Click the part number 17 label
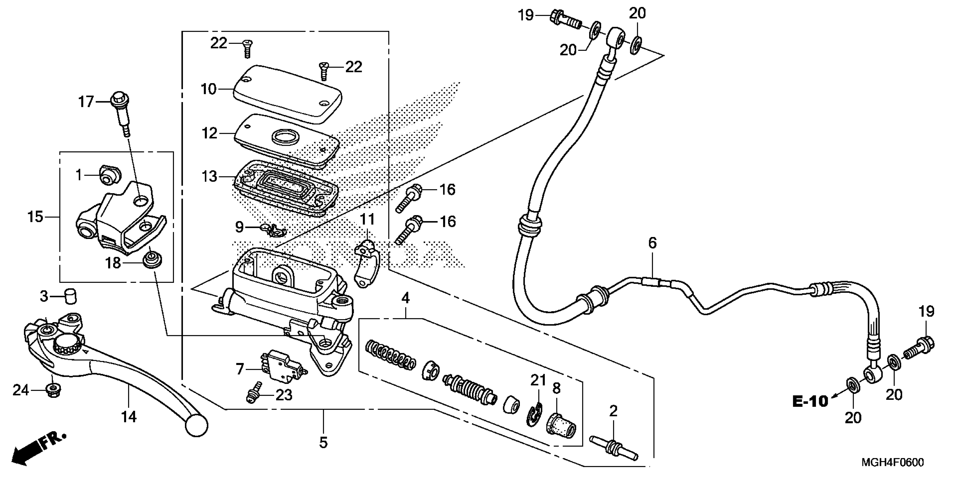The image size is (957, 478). click(86, 101)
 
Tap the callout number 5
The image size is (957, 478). click(323, 442)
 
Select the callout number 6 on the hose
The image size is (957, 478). click(652, 243)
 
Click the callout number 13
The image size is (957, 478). click(209, 176)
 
